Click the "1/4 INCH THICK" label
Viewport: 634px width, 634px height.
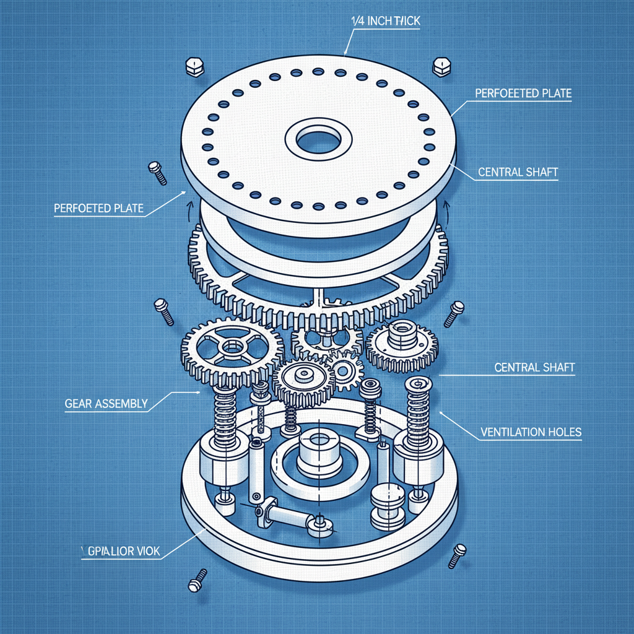[x=386, y=22]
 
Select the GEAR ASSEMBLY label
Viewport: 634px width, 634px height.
[x=106, y=404]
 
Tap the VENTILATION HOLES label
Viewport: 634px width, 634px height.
[x=531, y=432]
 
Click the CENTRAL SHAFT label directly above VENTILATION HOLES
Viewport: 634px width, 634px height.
[x=534, y=368]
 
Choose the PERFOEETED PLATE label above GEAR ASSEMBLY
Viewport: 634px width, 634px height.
[x=98, y=209]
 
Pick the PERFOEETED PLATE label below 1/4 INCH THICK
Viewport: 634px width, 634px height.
[x=523, y=93]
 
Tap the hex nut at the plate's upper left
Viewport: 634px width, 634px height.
[x=194, y=66]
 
